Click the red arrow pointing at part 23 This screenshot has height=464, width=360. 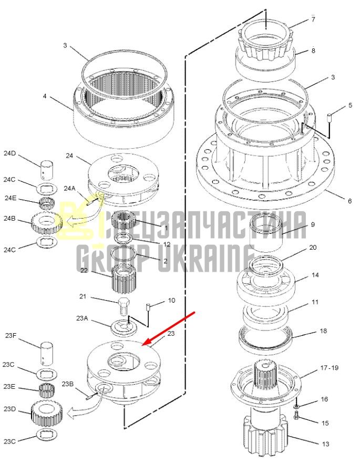tap(169, 328)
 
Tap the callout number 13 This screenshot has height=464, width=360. tap(325, 444)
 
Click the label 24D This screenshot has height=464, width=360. tap(9, 153)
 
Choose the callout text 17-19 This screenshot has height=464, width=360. tap(329, 368)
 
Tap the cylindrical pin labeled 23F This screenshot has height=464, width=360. tap(47, 353)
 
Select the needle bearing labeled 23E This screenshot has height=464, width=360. tap(46, 390)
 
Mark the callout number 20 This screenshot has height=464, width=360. tap(313, 248)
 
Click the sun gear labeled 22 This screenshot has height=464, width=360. tap(124, 278)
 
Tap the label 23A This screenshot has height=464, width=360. tap(82, 318)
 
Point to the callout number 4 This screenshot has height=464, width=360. tap(44, 96)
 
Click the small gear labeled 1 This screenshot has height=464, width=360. tap(124, 222)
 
